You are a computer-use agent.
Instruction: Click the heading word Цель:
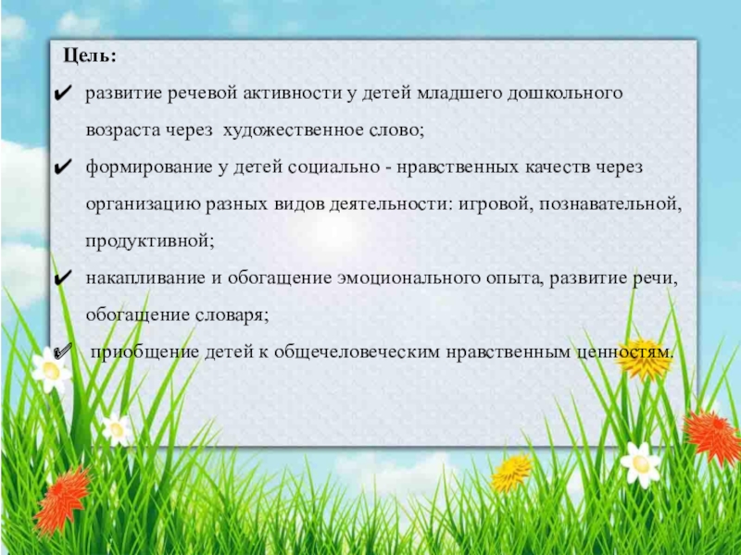click(x=90, y=56)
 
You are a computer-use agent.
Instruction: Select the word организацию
click(x=140, y=204)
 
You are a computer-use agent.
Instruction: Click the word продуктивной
click(x=149, y=241)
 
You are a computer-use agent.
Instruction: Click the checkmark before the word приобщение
click(x=62, y=352)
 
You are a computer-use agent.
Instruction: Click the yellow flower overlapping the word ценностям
click(x=644, y=358)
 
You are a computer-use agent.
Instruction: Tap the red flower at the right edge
click(x=711, y=435)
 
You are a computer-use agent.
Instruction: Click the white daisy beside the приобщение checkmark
click(x=50, y=370)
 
